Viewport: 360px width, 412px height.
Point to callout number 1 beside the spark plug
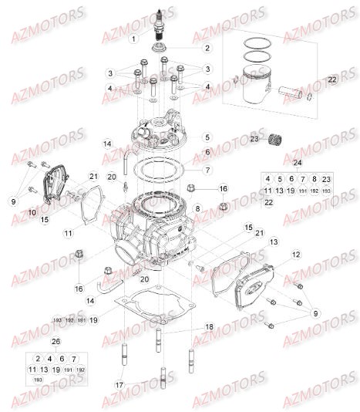[x=133, y=38]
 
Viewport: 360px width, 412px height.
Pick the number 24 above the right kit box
[x=296, y=163]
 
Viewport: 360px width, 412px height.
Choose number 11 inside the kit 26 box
[x=32, y=370]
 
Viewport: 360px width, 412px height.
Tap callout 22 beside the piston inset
[x=332, y=79]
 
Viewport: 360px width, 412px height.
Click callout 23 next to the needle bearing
[x=253, y=140]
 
